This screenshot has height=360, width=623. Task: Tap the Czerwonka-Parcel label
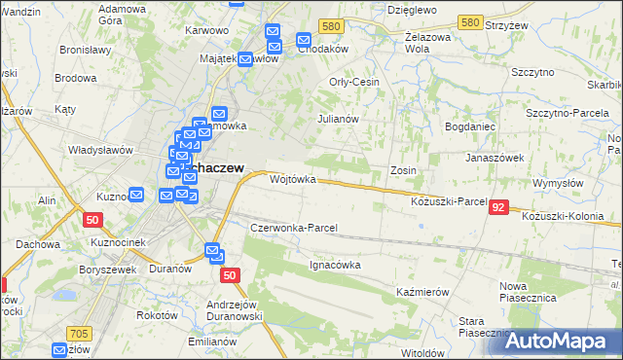(x=293, y=228)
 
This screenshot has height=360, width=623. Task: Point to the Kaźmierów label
(x=421, y=292)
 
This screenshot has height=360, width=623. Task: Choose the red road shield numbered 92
(x=498, y=207)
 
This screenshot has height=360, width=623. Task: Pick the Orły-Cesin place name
(x=354, y=83)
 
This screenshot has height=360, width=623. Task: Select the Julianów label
(x=339, y=119)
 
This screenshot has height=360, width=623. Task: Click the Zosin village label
(x=403, y=170)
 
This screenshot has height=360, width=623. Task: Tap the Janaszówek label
(x=495, y=157)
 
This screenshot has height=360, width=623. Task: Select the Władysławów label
(x=99, y=150)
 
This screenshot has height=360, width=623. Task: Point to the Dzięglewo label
(x=410, y=8)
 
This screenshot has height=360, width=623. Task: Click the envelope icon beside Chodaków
(x=303, y=42)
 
